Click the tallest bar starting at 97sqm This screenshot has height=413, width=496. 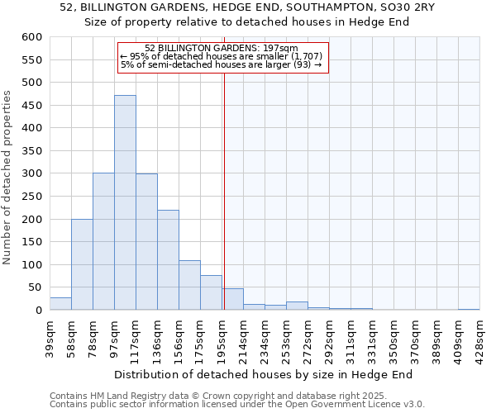pyautogui.click(x=125, y=202)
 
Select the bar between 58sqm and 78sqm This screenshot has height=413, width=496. pyautogui.click(x=82, y=264)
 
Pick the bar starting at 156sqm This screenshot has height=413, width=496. pyautogui.click(x=189, y=285)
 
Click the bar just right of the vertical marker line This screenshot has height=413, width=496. pyautogui.click(x=232, y=299)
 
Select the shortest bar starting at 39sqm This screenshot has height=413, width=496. pyautogui.click(x=60, y=304)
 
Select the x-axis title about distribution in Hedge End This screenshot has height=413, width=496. pyautogui.click(x=262, y=374)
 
